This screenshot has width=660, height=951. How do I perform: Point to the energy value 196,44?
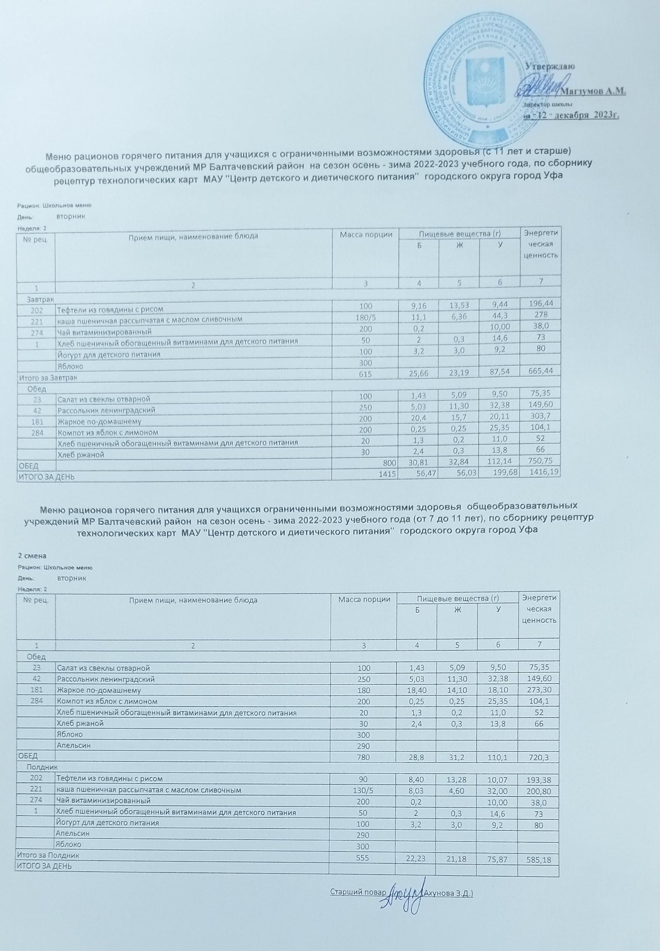540,304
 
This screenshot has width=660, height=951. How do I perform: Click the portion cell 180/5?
365,319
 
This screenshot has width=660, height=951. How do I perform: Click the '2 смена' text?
29,556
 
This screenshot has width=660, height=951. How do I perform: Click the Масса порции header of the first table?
366,235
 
